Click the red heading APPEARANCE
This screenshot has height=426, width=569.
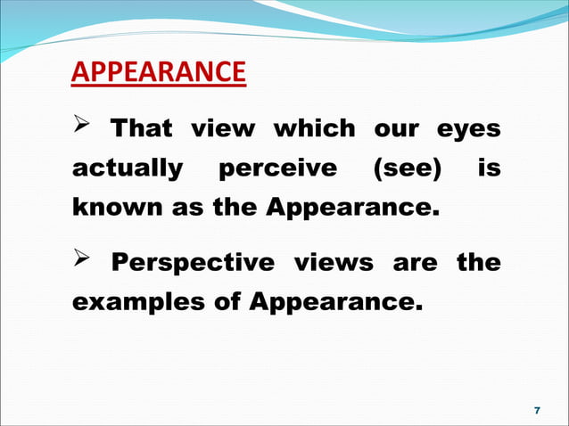pos(158,71)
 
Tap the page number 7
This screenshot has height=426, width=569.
pos(536,410)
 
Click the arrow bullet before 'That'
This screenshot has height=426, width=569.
pos(82,129)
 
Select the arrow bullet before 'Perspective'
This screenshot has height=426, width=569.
pos(82,263)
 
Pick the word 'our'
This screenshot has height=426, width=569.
pos(395,130)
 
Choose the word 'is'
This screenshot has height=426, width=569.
pos(489,168)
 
